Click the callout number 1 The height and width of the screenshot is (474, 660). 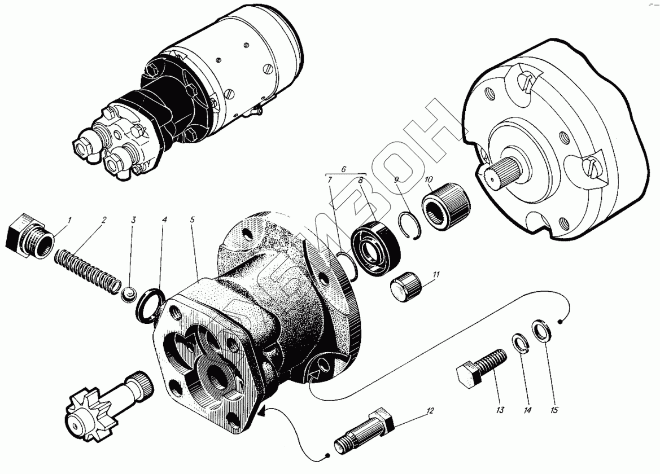[x=70, y=220]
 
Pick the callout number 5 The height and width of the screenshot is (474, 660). [x=192, y=220]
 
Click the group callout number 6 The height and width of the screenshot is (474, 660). [x=343, y=169]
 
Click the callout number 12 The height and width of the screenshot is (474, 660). [x=429, y=411]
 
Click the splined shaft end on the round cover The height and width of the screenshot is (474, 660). [x=498, y=170]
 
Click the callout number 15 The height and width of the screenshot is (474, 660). [x=554, y=410]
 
